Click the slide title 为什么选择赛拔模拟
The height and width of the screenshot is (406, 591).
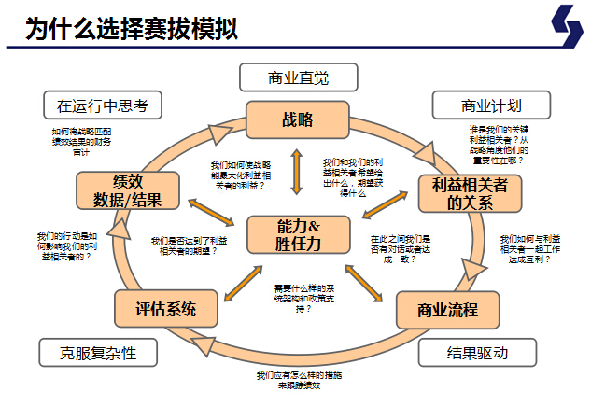(131, 28)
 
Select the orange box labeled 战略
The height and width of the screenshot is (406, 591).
(296, 119)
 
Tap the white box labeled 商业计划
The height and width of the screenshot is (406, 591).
(490, 105)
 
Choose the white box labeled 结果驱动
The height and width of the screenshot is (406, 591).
(477, 352)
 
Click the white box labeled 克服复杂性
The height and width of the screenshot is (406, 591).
(97, 352)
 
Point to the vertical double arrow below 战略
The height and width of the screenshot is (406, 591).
(297, 171)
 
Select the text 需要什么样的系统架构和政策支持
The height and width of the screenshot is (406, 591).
(298, 297)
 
